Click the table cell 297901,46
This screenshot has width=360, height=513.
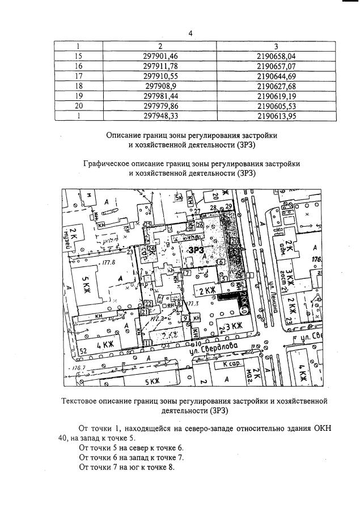160,56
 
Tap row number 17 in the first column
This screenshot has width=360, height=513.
79,76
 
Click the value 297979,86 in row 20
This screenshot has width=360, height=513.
160,105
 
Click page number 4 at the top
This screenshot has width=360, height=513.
191,33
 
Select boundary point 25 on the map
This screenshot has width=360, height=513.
147,225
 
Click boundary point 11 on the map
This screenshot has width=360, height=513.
148,342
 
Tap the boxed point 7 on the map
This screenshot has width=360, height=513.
187,273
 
